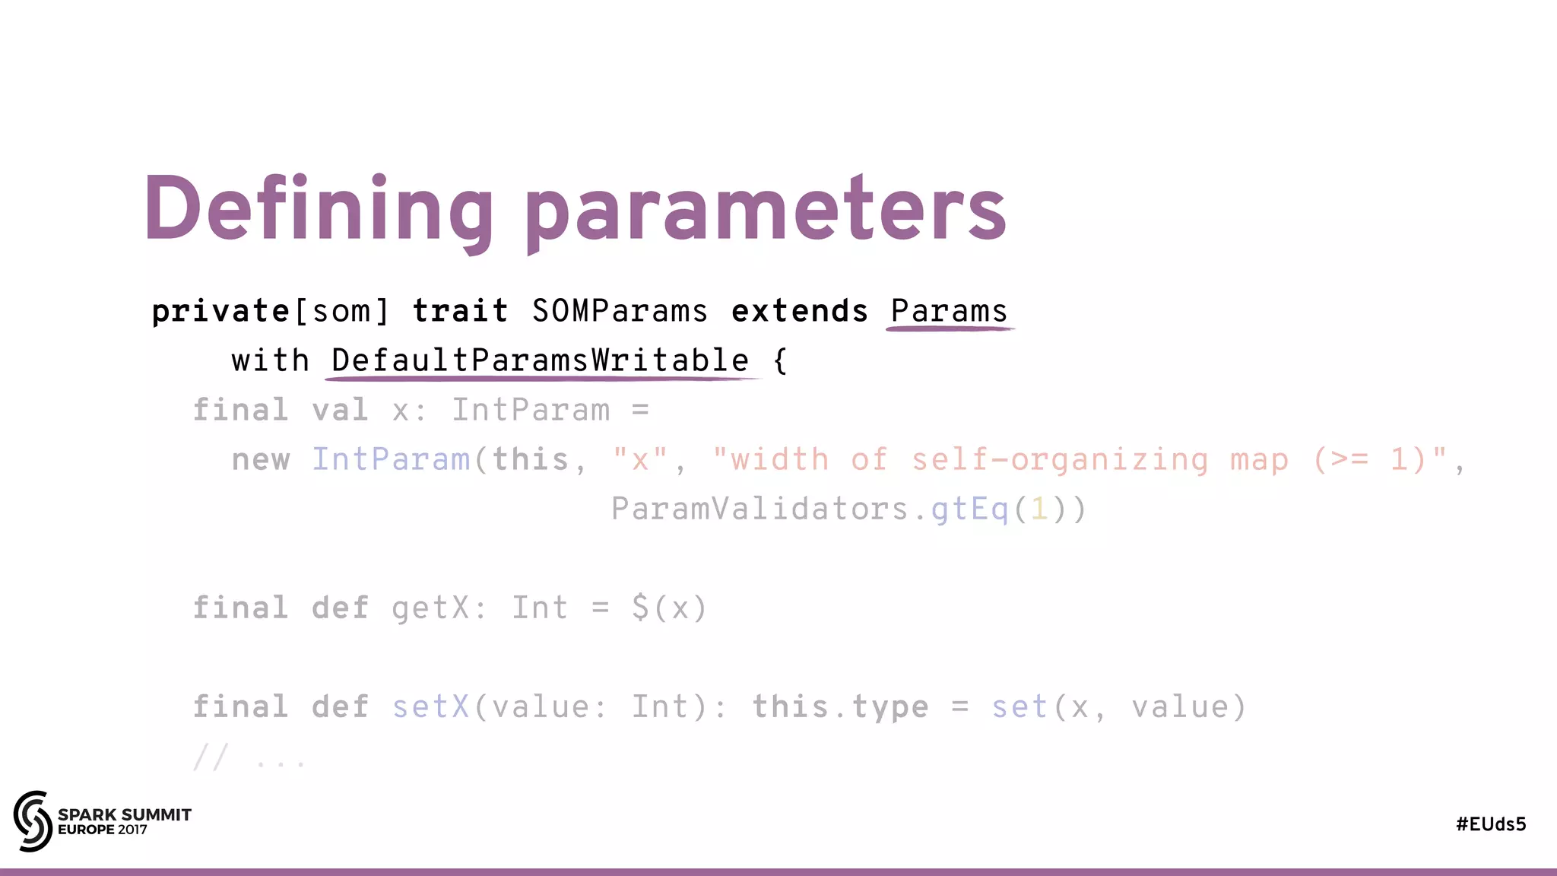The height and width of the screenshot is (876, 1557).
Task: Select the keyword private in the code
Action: click(220, 312)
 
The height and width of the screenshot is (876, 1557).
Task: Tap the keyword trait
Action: click(460, 312)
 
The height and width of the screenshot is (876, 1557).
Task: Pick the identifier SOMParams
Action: click(620, 312)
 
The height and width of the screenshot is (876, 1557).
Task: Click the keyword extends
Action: click(799, 312)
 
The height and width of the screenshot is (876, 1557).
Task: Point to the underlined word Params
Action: click(949, 312)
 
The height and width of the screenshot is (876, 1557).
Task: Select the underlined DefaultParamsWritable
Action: click(540, 360)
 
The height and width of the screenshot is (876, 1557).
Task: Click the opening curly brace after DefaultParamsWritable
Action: click(780, 360)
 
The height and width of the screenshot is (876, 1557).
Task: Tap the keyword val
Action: click(340, 411)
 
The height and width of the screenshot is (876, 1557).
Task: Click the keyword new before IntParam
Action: click(261, 460)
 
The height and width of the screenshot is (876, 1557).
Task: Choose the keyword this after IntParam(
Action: click(531, 460)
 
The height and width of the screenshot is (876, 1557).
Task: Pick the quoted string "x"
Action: click(640, 460)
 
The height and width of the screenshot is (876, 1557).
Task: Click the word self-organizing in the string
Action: click(1059, 460)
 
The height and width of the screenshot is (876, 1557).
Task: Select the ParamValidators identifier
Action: click(759, 509)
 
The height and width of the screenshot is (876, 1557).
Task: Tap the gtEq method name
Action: click(969, 509)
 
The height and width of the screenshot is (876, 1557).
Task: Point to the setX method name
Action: click(430, 707)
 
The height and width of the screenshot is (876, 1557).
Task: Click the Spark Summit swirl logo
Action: click(32, 821)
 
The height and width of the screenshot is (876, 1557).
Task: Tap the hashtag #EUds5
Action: click(1491, 824)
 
